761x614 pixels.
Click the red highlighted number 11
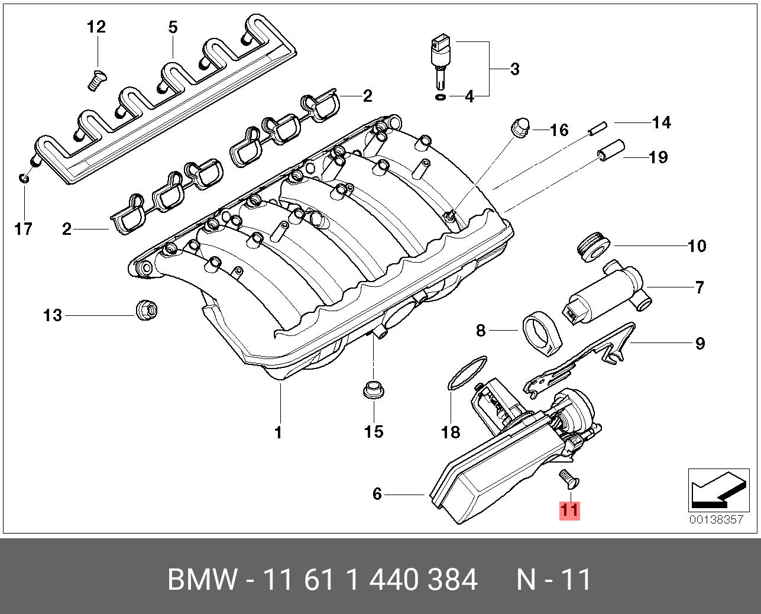point(569,510)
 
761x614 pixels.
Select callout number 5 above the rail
point(173,27)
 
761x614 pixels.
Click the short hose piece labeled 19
point(610,150)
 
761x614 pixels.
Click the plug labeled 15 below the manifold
point(372,390)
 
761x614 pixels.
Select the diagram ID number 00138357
point(715,520)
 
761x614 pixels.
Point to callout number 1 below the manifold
point(278,432)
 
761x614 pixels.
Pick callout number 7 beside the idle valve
point(700,288)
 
